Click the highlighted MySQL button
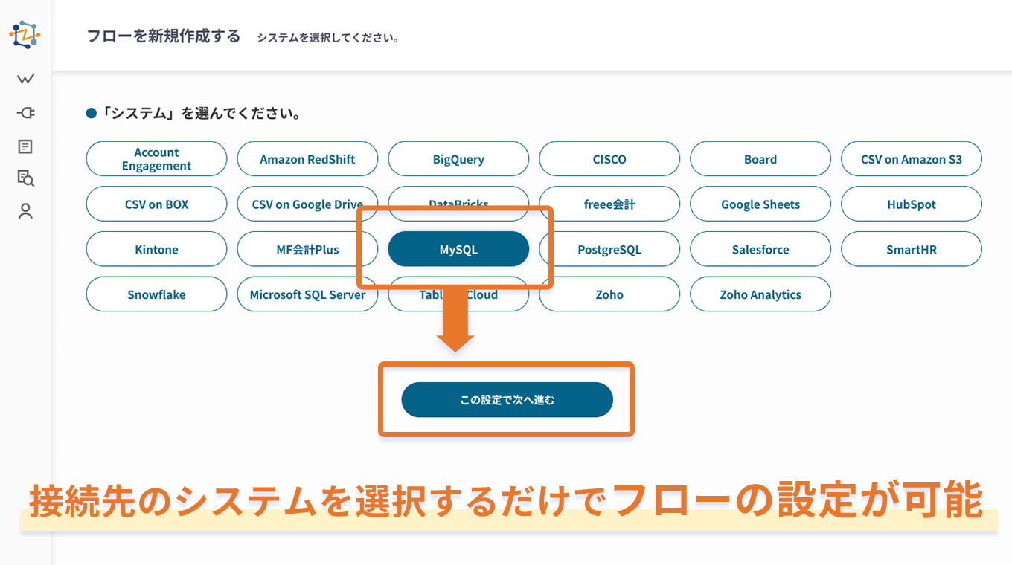click(x=458, y=249)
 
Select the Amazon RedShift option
click(x=307, y=159)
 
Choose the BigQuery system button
click(x=458, y=159)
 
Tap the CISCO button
click(x=609, y=159)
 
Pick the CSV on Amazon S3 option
click(x=911, y=159)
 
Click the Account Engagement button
click(x=156, y=159)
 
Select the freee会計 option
click(x=609, y=204)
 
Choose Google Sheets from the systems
click(x=760, y=204)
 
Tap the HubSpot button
click(x=911, y=204)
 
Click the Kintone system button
click(x=156, y=249)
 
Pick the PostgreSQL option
click(x=609, y=249)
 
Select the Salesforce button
click(x=760, y=249)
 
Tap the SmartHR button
click(x=911, y=249)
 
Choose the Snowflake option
click(x=156, y=294)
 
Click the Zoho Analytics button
click(x=760, y=294)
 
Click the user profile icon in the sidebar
click(x=26, y=211)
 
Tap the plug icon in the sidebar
click(x=26, y=113)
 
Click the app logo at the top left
click(x=25, y=35)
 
